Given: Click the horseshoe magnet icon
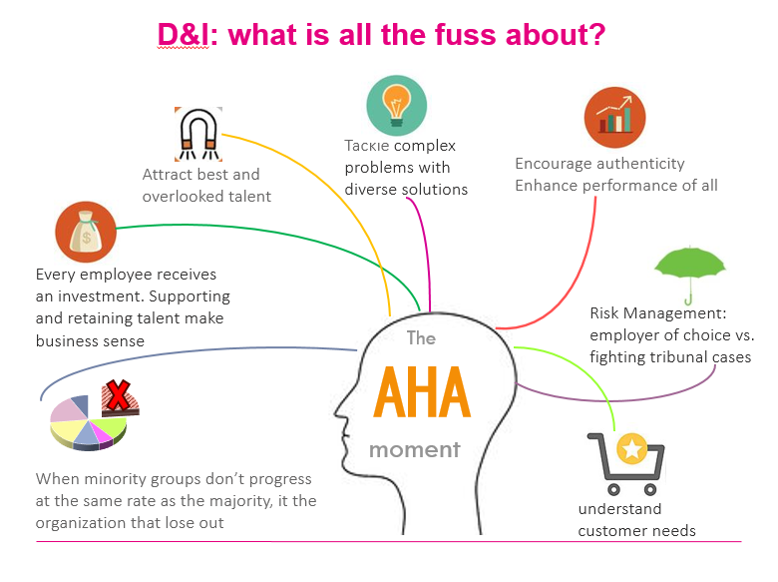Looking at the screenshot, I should click(x=197, y=132).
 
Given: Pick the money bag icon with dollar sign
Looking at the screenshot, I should click(x=86, y=232).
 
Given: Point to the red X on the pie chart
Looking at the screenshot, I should click(x=120, y=397).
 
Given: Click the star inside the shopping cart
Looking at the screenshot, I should click(x=631, y=450).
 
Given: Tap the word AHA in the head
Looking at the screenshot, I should click(x=422, y=393).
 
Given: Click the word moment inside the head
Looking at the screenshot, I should click(x=414, y=449).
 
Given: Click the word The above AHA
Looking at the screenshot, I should click(x=421, y=338).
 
